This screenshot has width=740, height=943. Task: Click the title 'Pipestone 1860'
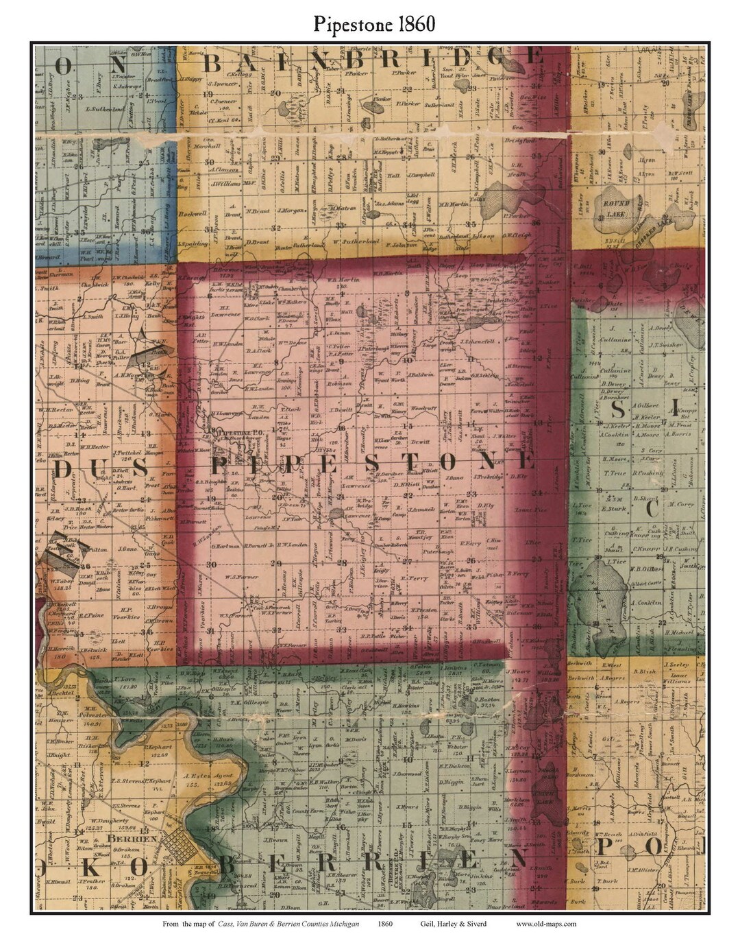point(374,24)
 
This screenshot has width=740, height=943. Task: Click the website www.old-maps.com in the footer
point(546,924)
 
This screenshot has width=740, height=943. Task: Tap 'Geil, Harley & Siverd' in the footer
point(454,924)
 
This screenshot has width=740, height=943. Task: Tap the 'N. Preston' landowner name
point(423,609)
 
